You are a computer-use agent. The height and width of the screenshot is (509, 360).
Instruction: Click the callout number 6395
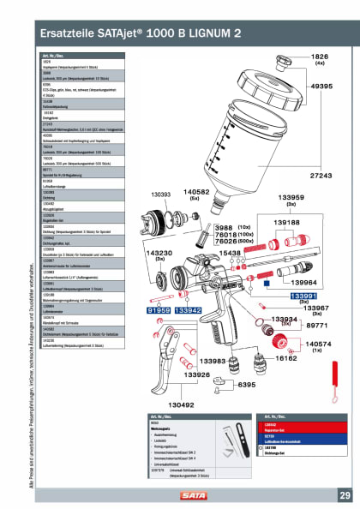click(x=248, y=385)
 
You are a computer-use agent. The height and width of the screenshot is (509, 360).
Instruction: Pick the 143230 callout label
click(x=140, y=253)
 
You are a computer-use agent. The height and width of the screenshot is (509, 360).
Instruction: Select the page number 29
click(x=344, y=495)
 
